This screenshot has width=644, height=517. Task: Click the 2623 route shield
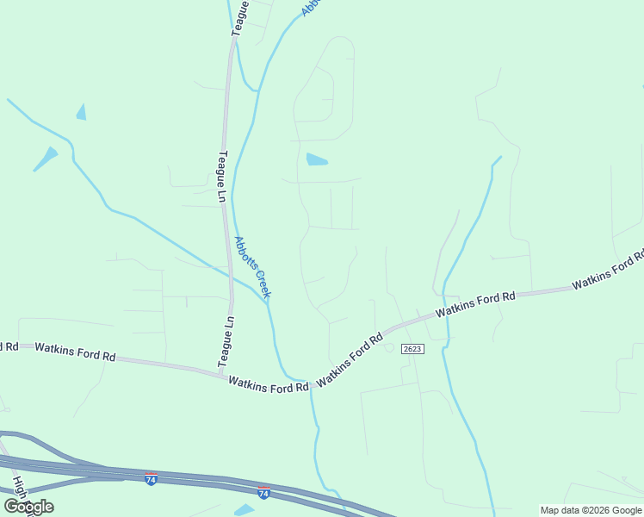(x=412, y=348)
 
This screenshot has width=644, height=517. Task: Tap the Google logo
(x=28, y=507)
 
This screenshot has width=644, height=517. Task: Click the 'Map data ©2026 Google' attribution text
(x=591, y=510)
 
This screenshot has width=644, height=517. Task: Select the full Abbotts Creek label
(x=252, y=267)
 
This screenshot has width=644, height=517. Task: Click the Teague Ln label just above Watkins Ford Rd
(x=229, y=342)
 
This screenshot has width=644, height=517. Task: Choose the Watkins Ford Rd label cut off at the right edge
(x=608, y=271)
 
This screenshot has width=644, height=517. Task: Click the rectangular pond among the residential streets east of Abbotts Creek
(x=317, y=159)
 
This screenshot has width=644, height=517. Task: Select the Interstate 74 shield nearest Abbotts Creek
(x=263, y=492)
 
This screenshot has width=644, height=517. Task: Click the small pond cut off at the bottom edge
(x=245, y=510)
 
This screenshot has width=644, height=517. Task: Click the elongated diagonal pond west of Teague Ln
(x=45, y=158)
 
